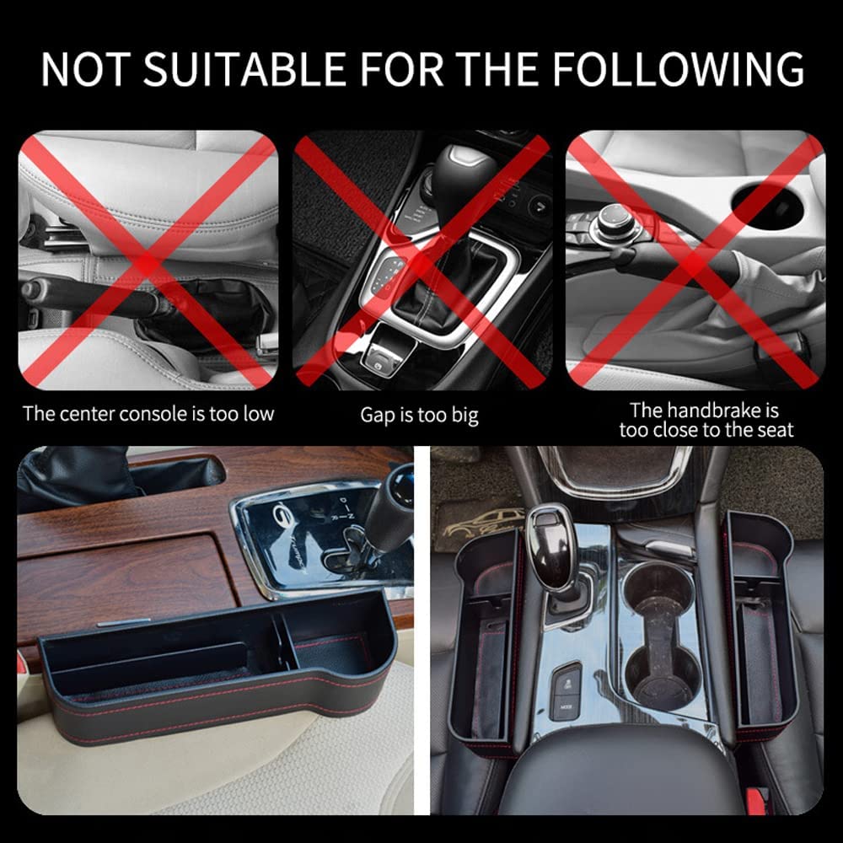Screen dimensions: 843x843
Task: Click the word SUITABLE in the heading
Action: [x=244, y=69]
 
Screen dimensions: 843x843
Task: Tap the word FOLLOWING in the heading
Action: [x=679, y=69]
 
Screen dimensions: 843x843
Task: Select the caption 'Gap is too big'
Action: [x=419, y=416]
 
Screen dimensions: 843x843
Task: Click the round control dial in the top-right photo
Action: [x=613, y=220]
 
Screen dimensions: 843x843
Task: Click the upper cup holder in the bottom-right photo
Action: [x=652, y=587]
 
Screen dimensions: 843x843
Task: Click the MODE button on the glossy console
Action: [x=566, y=707]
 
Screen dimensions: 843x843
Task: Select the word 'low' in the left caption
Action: [x=259, y=414]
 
